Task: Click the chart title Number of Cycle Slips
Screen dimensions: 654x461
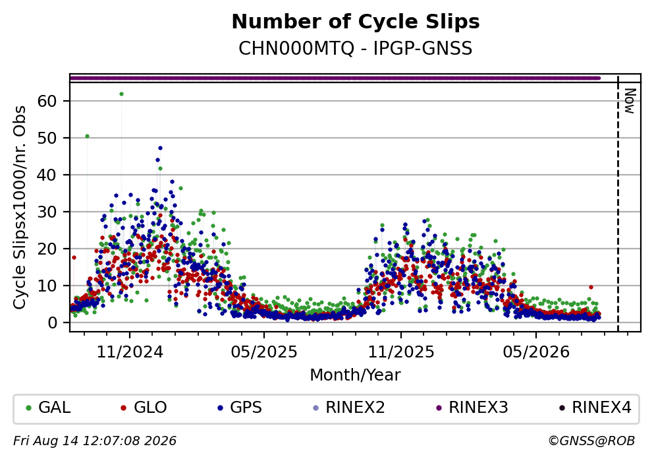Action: click(x=356, y=22)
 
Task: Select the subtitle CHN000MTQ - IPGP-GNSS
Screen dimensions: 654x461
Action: click(x=356, y=48)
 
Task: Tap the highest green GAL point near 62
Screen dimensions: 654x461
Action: click(x=121, y=94)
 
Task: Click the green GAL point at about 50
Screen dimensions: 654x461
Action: click(x=87, y=136)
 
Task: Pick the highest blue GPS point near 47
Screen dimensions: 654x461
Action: click(x=160, y=148)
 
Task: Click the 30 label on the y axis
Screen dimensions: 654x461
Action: click(x=47, y=212)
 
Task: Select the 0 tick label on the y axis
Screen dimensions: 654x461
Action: click(x=53, y=323)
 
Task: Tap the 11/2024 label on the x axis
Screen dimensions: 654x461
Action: click(x=130, y=352)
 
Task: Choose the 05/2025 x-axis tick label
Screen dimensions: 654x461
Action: click(x=264, y=352)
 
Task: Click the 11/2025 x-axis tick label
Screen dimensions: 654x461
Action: click(x=401, y=352)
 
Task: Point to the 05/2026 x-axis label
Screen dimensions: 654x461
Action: click(x=536, y=352)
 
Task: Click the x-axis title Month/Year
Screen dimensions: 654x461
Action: click(x=356, y=375)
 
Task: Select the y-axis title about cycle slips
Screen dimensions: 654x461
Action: click(x=19, y=208)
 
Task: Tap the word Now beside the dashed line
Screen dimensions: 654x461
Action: click(x=630, y=101)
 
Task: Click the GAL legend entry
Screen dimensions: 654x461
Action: click(x=48, y=407)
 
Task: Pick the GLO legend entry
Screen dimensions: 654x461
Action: click(x=144, y=407)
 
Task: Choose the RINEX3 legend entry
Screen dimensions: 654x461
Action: click(x=472, y=407)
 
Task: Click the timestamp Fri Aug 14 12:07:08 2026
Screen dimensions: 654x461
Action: click(x=95, y=441)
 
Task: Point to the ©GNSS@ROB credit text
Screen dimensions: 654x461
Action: click(x=591, y=441)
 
